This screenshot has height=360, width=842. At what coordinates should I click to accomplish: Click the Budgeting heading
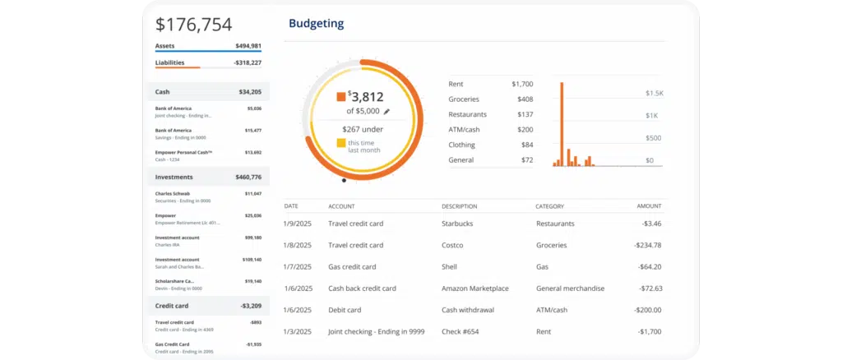coord(316,23)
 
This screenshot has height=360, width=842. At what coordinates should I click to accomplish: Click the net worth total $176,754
coord(194,25)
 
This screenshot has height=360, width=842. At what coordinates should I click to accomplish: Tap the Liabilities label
coord(169,62)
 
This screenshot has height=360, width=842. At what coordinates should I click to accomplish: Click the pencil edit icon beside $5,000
coord(386,111)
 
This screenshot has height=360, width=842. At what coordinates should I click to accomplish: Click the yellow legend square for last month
coord(340,143)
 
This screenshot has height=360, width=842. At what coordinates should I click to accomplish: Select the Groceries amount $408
coord(524,99)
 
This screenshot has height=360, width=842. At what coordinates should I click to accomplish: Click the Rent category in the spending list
coord(456,84)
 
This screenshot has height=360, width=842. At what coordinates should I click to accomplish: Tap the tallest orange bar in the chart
coord(562,123)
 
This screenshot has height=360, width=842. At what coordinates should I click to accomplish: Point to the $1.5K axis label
coord(654,94)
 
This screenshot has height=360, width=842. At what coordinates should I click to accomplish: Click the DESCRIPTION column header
coord(459,206)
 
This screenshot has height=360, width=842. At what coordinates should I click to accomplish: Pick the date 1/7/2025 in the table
coord(297,266)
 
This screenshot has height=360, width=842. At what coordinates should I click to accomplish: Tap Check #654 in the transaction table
coord(461,331)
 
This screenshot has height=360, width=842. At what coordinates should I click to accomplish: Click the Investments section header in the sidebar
coord(174,177)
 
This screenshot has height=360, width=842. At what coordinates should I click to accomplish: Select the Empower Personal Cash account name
coord(183,152)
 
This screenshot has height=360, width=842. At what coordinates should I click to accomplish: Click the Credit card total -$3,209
coord(249,306)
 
